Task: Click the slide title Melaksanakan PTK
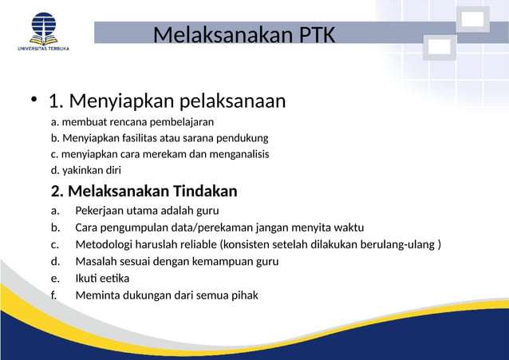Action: (244, 36)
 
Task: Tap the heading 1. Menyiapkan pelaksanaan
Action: (167, 102)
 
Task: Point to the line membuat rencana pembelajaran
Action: (132, 122)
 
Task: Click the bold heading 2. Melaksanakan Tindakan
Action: (144, 192)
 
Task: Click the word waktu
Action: (348, 227)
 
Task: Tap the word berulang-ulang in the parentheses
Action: (398, 244)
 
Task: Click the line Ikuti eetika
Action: (102, 278)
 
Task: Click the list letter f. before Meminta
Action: (53, 295)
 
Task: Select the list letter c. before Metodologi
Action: (54, 244)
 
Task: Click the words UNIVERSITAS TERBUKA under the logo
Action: (43, 49)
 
